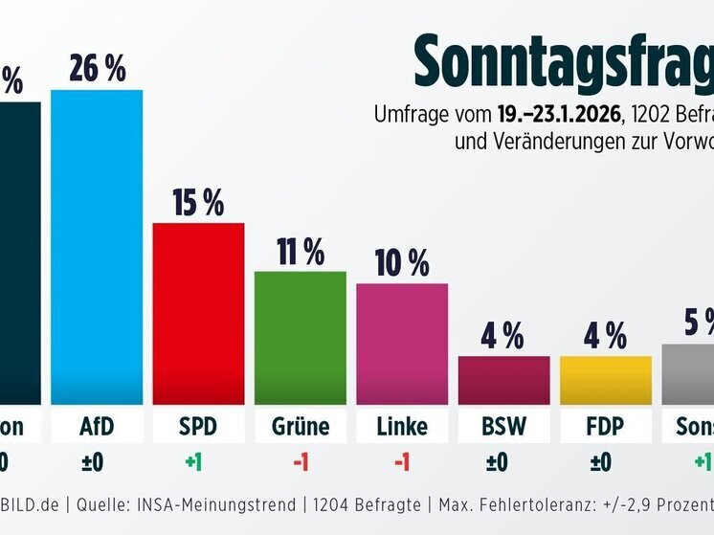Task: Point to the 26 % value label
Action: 97,69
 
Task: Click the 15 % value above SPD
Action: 198,202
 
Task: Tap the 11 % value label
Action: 301,252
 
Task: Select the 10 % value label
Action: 402,263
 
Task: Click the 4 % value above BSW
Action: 503,336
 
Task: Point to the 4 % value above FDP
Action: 605,336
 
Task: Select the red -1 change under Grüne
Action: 301,463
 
